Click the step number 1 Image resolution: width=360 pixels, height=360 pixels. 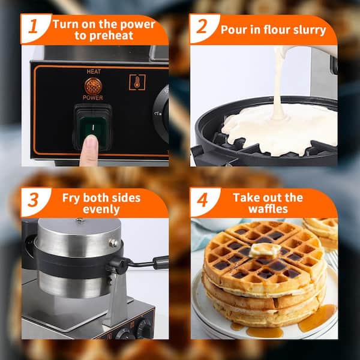[34, 26]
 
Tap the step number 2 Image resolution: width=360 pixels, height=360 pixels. [202, 26]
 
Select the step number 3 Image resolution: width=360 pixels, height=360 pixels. [33, 200]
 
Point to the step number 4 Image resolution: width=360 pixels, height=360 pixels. [202, 200]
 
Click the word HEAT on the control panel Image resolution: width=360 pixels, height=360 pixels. [94, 71]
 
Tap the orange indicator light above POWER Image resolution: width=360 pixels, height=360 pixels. [93, 86]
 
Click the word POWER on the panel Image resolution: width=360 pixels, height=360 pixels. [93, 98]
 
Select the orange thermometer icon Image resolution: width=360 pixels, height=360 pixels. [137, 82]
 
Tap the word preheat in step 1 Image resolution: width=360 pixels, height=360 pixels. [111, 36]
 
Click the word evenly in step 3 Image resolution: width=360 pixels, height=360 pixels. [101, 209]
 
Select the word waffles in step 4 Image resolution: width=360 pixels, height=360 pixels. [268, 209]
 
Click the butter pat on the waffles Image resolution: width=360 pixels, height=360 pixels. [265, 250]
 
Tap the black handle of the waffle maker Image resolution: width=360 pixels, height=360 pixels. [160, 262]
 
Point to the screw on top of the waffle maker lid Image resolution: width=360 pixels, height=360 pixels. [80, 220]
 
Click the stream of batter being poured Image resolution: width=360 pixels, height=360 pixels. [278, 83]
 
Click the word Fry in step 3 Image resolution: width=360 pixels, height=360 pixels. [72, 198]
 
